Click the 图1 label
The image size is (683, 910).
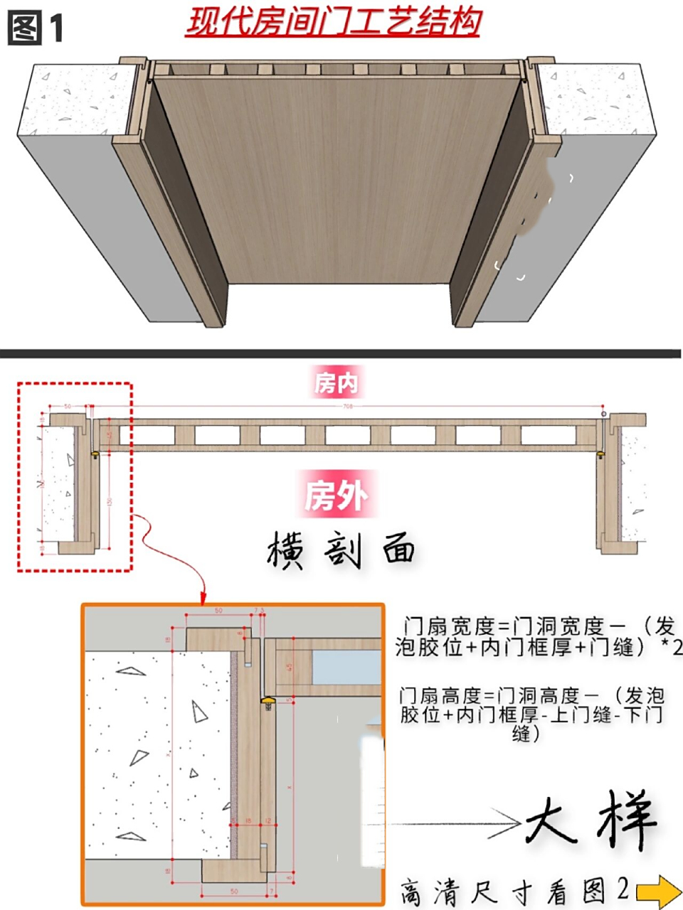coord(36,28)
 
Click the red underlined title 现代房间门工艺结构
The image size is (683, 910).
coord(333,22)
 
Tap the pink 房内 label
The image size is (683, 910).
coord(336,384)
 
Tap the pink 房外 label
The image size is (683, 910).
coord(336,496)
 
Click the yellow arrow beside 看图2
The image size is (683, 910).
coord(658,891)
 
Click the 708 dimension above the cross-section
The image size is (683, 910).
coord(348,407)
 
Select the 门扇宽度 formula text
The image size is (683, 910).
coord(537,637)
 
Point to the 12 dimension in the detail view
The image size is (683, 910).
coord(268,821)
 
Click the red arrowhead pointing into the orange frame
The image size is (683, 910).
coord(204,597)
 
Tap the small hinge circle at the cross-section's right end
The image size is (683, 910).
coord(603,413)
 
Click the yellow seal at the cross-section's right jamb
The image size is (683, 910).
coord(602,453)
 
